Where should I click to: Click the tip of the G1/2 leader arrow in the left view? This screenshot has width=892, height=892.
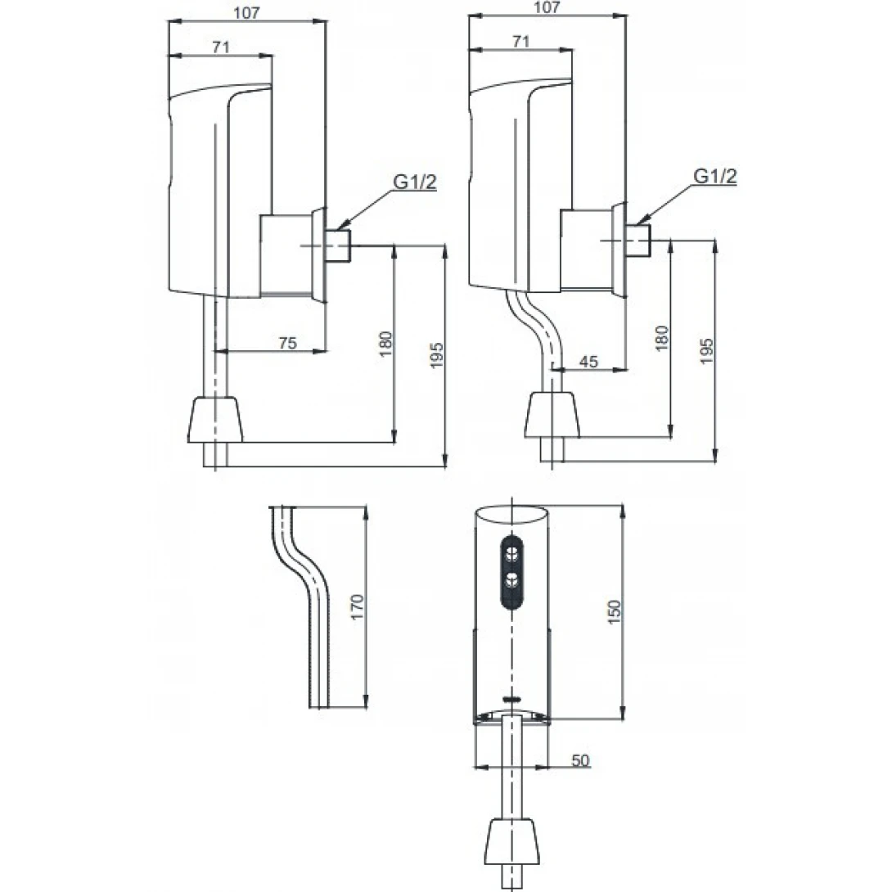[336, 230]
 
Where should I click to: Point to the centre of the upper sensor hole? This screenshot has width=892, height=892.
[512, 552]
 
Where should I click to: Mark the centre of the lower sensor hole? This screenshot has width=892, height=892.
[512, 581]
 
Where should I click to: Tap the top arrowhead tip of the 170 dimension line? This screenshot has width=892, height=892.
[365, 507]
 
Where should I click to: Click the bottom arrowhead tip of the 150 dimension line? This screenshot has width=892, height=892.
[623, 719]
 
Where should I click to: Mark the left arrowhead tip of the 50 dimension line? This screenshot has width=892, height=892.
[475, 767]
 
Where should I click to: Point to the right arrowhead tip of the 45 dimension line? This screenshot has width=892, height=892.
[626, 369]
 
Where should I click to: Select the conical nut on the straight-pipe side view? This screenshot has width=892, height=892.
[215, 420]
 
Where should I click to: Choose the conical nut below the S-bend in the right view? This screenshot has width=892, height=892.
[552, 415]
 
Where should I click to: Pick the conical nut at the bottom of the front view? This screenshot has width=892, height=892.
[512, 841]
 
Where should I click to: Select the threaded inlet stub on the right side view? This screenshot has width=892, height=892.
[637, 241]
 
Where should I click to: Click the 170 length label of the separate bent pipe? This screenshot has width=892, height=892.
[357, 607]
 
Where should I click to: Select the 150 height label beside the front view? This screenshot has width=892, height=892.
[615, 611]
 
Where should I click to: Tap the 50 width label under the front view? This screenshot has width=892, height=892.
[580, 760]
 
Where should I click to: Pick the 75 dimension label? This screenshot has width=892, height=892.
[288, 343]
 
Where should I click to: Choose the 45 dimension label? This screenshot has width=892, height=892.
[588, 361]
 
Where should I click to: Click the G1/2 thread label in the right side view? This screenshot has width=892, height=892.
[715, 176]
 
